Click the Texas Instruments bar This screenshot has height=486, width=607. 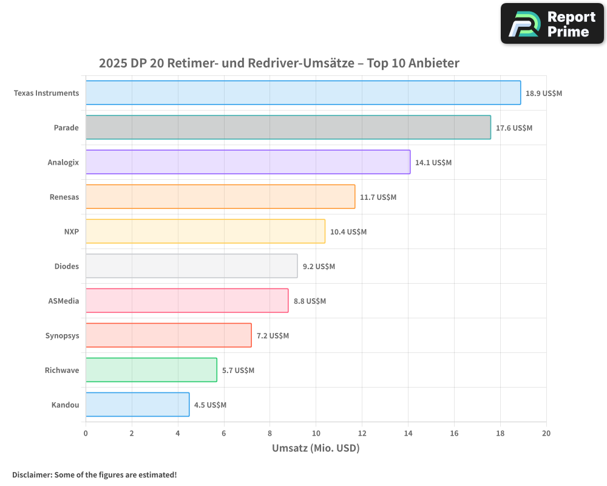point(303,93)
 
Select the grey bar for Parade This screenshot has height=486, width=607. point(288,128)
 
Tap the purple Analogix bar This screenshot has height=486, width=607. point(248,162)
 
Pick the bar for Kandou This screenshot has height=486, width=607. point(137,405)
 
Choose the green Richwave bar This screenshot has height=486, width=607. point(151,370)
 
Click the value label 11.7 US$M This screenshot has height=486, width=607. point(378,197)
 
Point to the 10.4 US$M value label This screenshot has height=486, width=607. point(348,231)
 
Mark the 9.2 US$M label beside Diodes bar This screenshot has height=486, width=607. point(319,266)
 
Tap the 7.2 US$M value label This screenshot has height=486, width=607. point(273,335)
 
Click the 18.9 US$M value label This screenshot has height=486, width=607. point(543,93)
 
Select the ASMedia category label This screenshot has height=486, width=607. point(63,301)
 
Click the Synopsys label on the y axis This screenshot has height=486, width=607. point(62,335)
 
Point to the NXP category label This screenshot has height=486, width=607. point(71,231)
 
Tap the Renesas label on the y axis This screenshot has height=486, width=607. point(64,197)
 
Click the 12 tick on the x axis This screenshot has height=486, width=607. point(362,433)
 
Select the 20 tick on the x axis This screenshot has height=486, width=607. point(546,433)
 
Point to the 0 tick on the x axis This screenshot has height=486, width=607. point(86,433)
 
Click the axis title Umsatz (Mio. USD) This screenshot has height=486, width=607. point(316,448)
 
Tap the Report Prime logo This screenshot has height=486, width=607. point(552,24)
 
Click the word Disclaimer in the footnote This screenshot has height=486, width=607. point(31,474)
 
